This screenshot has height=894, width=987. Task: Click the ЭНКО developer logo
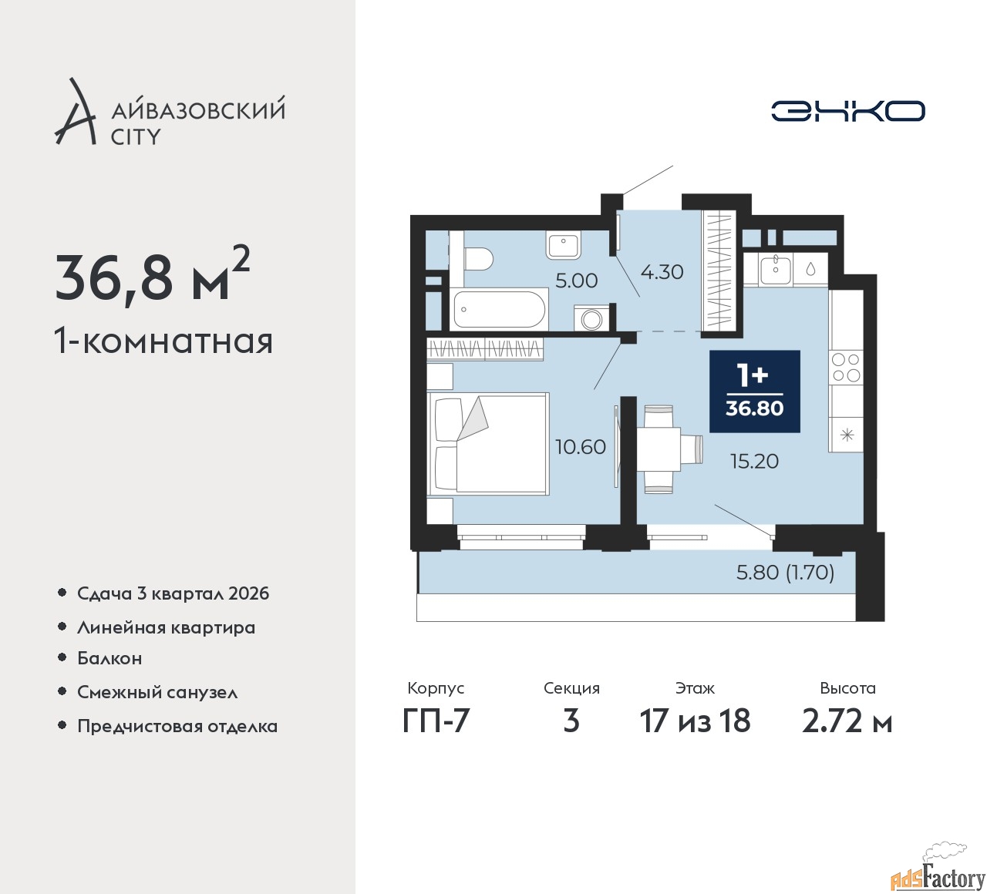847,111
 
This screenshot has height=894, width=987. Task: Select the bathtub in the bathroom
500,309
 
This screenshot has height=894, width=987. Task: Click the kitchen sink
776,270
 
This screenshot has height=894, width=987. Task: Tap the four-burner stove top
846,368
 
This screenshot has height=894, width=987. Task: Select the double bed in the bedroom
487,443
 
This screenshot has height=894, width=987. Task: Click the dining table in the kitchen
659,448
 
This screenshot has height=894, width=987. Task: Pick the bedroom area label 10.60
580,447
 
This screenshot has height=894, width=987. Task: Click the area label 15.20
754,462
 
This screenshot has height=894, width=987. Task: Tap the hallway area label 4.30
662,272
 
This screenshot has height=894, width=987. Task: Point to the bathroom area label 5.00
576,281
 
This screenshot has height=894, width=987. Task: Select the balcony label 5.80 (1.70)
785,573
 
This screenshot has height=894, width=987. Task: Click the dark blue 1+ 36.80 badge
754,392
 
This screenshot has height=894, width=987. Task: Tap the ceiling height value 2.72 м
847,721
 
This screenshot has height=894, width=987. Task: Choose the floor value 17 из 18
695,721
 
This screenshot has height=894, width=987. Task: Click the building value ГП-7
436,721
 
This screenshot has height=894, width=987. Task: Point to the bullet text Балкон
109,658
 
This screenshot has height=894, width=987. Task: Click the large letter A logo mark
75,111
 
